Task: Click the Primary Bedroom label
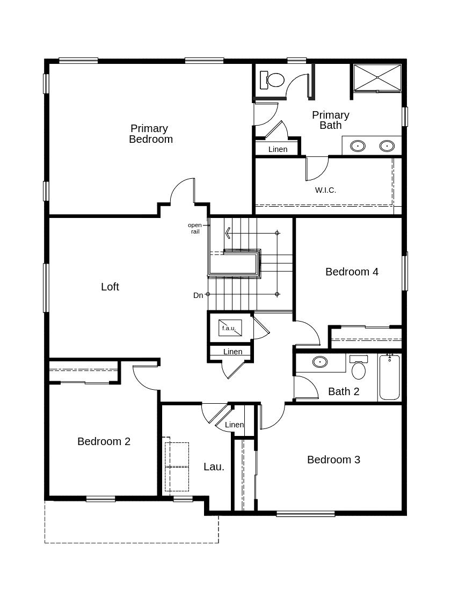(x=150, y=134)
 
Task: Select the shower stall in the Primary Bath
(x=377, y=78)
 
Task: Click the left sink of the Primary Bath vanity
(x=358, y=146)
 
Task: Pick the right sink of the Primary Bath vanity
(x=387, y=146)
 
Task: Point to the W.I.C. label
(x=325, y=190)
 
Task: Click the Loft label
(x=110, y=287)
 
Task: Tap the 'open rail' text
(x=195, y=228)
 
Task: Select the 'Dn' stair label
(x=198, y=295)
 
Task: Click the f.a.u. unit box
(x=230, y=328)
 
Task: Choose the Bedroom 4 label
(x=352, y=272)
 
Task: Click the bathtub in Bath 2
(x=389, y=377)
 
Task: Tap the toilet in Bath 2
(x=359, y=367)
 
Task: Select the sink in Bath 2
(x=320, y=362)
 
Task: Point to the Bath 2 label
(x=344, y=391)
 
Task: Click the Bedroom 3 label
(x=333, y=460)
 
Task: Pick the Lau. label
(x=214, y=467)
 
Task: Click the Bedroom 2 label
(x=104, y=441)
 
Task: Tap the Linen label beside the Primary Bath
(x=278, y=149)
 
